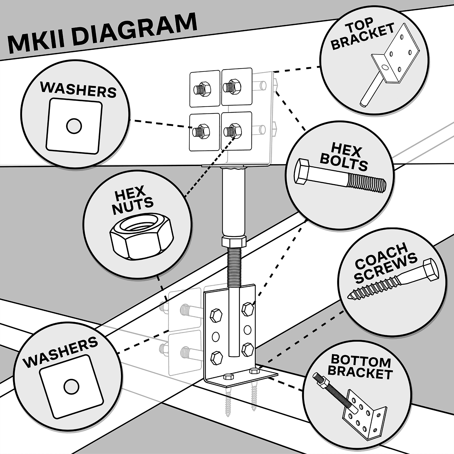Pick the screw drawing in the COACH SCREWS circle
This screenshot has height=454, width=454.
pyautogui.click(x=393, y=279)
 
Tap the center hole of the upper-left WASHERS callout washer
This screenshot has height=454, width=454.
pyautogui.click(x=74, y=126)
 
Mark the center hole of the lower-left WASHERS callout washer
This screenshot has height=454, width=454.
pyautogui.click(x=71, y=386)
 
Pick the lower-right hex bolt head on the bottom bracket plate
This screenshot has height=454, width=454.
pyautogui.click(x=248, y=349)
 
